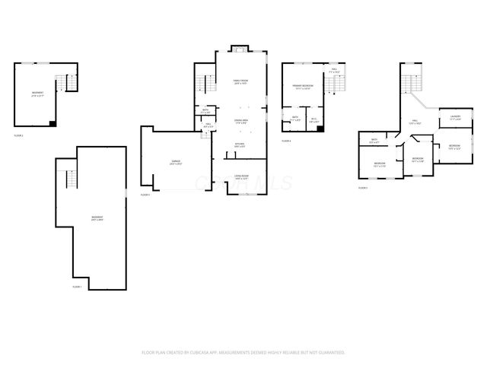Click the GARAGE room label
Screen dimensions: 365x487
[x=176, y=162]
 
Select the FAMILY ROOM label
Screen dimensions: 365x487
[x=241, y=82]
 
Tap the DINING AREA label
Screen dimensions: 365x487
[x=240, y=122]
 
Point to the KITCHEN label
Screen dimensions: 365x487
[x=240, y=144]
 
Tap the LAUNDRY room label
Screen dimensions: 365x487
[x=455, y=118]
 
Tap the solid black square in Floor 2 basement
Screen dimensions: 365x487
[x=50, y=122]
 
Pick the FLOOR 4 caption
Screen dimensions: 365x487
[x=286, y=141]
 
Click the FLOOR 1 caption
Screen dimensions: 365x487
[x=77, y=287]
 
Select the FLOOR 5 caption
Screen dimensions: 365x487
[x=363, y=187]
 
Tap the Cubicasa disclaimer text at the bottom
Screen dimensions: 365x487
[x=243, y=353]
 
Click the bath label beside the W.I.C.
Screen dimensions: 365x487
[x=295, y=119]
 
